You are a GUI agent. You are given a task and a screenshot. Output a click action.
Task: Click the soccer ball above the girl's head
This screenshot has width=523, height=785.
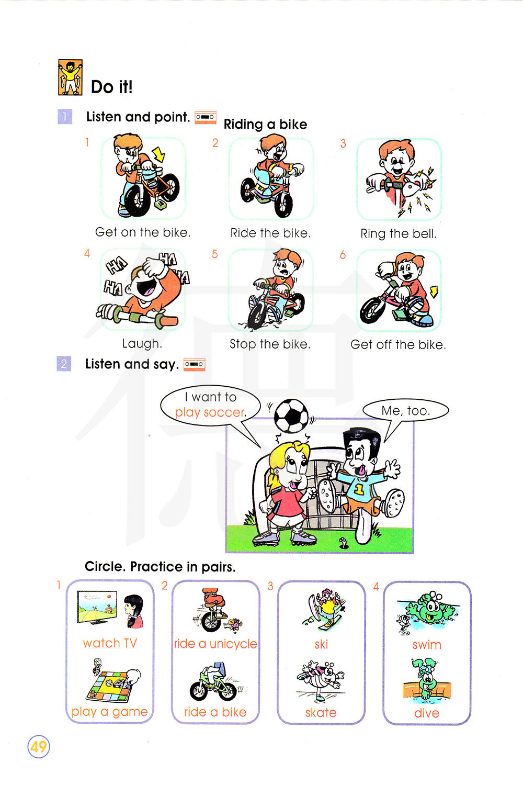[291, 416]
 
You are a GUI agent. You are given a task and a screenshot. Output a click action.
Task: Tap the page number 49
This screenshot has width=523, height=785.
[39, 747]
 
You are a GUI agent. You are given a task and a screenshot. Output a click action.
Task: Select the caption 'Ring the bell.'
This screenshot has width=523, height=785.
[399, 234]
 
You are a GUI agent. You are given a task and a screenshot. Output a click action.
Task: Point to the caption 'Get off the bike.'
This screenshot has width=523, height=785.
[399, 345]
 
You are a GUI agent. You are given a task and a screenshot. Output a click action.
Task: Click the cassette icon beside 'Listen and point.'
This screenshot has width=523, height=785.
[205, 117]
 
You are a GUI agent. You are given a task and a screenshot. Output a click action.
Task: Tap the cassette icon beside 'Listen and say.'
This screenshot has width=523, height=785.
[195, 364]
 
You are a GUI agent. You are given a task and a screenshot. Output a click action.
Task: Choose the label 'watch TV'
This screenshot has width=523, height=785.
[110, 643]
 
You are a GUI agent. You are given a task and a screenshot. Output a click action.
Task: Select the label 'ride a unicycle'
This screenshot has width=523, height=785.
[215, 644]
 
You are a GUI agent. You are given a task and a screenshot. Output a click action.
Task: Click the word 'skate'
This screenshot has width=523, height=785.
[321, 713]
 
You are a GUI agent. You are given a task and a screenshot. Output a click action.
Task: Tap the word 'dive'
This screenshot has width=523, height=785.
[427, 713]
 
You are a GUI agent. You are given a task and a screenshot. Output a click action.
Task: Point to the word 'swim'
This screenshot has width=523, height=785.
[427, 645]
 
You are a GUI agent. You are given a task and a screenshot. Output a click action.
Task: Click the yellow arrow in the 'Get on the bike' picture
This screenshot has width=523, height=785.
[158, 154]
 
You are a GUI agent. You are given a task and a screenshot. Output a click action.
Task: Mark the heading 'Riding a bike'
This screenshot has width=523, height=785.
[265, 125]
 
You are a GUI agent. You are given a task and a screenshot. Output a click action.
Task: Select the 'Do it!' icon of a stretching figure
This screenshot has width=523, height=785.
[71, 77]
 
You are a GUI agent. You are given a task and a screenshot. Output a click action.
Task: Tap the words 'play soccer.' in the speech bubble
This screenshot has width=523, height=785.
[211, 413]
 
